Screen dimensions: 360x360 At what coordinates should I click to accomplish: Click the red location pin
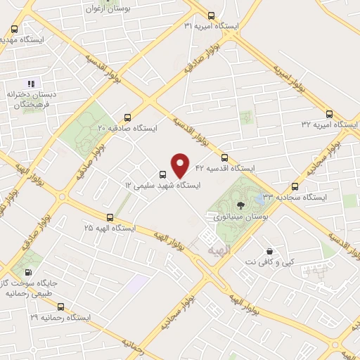[x=181, y=165]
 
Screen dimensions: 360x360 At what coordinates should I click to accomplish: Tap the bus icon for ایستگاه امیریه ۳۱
[x=212, y=15]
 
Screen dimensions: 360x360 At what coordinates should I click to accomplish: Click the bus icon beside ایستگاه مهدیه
[x=15, y=30]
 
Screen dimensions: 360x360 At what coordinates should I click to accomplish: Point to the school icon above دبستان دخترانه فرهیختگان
[x=30, y=84]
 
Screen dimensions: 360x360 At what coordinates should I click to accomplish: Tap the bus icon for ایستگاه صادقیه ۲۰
[x=127, y=117]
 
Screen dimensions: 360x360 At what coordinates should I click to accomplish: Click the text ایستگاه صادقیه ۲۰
[x=127, y=129]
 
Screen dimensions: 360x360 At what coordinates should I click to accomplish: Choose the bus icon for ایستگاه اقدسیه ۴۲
[x=224, y=157]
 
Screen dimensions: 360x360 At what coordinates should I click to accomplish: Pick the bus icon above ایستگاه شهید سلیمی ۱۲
[x=163, y=174]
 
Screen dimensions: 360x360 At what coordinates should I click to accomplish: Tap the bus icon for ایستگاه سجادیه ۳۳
[x=295, y=187]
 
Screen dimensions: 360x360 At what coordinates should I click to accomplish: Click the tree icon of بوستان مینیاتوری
[x=241, y=205]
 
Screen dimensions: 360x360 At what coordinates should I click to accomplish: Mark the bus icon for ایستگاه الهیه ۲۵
[x=109, y=217]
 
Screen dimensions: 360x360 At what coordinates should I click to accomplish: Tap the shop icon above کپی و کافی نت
[x=269, y=251]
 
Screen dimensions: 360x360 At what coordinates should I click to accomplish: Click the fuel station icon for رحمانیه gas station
[x=28, y=271]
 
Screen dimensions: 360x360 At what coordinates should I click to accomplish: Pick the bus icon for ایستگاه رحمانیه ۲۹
[x=60, y=307]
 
